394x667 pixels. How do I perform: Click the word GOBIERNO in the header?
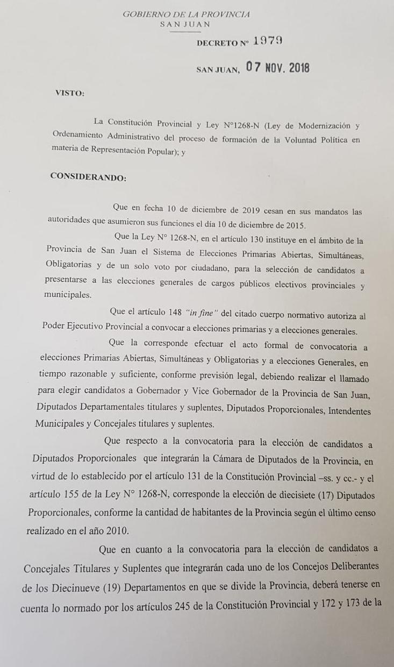pyautogui.click(x=143, y=15)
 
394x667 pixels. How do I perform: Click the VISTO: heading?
pyautogui.click(x=69, y=93)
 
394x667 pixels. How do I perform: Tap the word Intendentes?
pyautogui.click(x=349, y=410)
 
